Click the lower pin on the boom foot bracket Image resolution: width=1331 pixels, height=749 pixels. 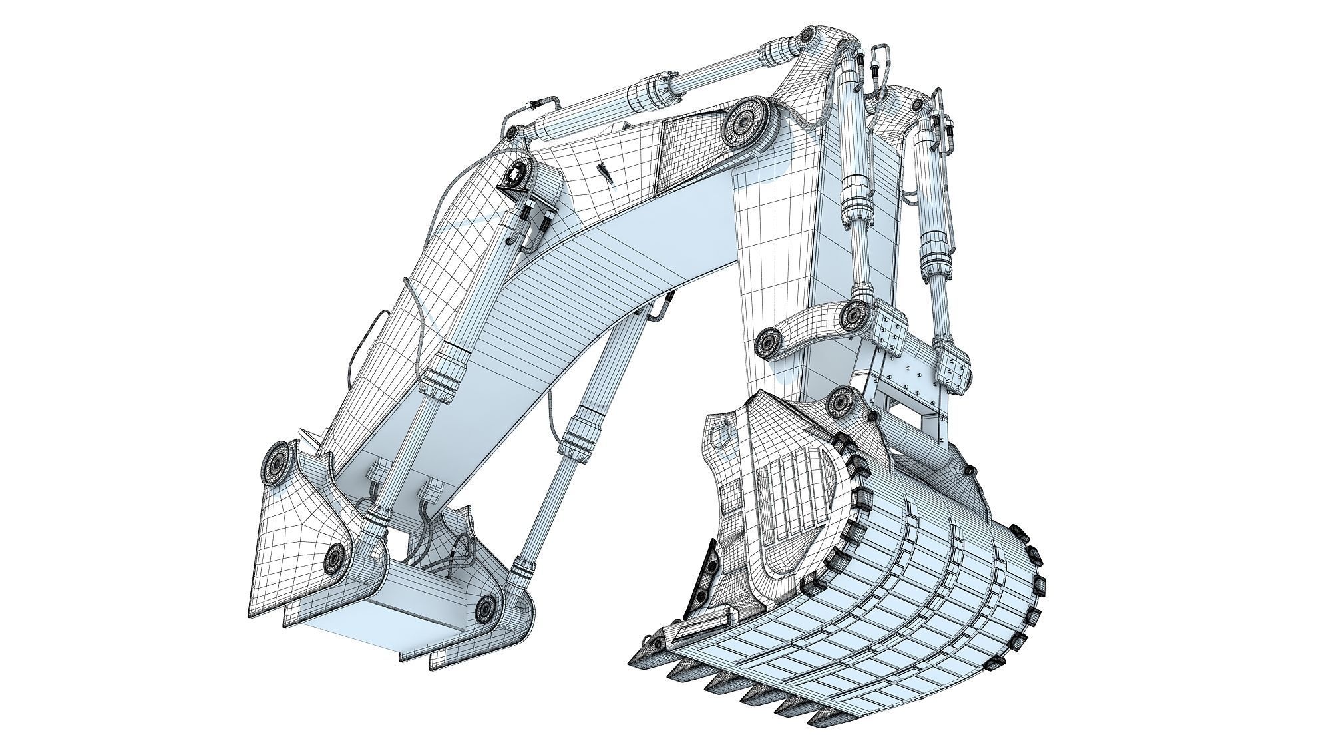pyautogui.click(x=335, y=558)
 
